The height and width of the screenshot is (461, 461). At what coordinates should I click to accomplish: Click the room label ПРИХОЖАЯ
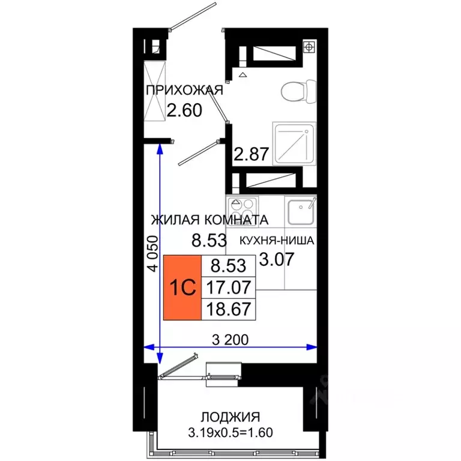(184, 91)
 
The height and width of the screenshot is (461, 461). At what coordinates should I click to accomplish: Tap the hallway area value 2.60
(184, 110)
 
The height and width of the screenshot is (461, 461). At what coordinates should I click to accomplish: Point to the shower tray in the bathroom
(293, 143)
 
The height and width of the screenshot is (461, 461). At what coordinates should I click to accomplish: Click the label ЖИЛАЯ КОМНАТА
(209, 220)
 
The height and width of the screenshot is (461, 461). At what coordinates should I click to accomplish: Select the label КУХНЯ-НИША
(277, 241)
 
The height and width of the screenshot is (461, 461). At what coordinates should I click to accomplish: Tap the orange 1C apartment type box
(183, 287)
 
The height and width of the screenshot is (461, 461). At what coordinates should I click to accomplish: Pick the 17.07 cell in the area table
(229, 286)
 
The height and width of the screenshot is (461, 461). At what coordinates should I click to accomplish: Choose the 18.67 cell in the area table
(229, 309)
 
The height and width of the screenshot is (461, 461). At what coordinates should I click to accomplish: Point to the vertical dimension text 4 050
(152, 255)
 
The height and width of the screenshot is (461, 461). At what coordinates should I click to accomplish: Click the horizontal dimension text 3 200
(230, 340)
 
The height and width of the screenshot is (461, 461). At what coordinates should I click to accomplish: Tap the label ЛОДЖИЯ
(230, 416)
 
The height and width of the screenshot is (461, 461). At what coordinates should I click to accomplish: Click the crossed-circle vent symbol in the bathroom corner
(309, 46)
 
